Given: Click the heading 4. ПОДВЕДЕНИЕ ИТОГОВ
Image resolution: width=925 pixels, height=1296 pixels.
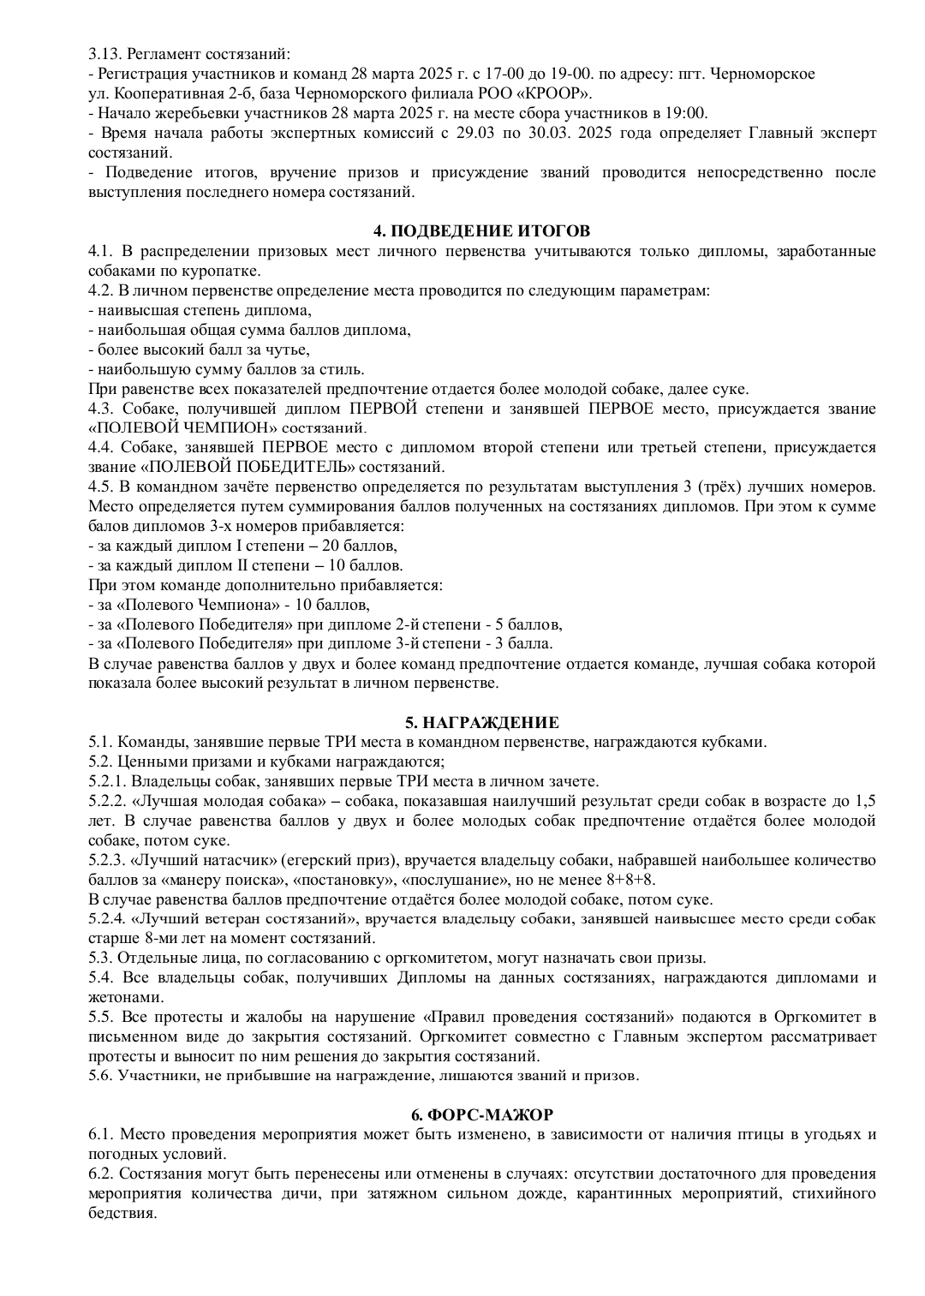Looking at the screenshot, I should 481,231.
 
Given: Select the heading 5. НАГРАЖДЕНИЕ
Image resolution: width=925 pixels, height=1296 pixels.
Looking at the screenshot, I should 481,723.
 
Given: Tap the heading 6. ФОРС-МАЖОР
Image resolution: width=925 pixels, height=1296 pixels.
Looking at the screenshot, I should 481,1114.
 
